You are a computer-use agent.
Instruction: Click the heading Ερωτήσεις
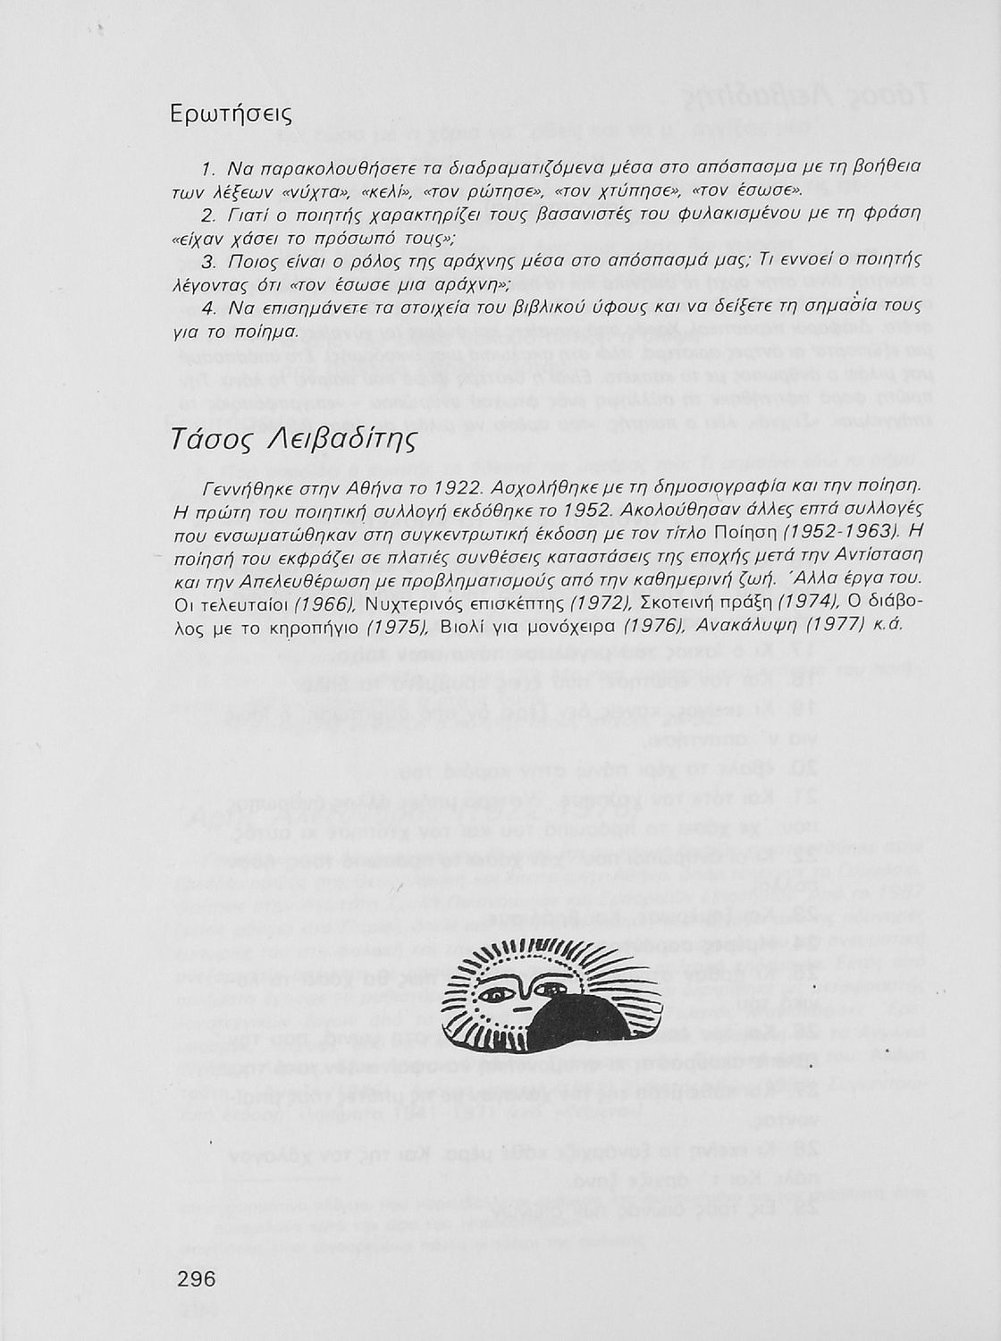[231, 115]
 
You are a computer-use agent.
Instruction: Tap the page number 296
[198, 1279]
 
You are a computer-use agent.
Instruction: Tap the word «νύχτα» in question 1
[320, 191]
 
